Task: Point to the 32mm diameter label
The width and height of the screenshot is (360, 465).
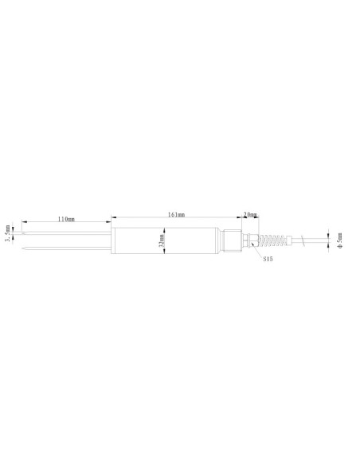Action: click(x=162, y=240)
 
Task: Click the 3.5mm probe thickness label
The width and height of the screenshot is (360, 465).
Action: click(x=9, y=233)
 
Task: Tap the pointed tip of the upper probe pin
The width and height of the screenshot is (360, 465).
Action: click(x=24, y=232)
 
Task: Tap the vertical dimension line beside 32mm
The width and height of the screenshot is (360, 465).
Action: click(x=166, y=240)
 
